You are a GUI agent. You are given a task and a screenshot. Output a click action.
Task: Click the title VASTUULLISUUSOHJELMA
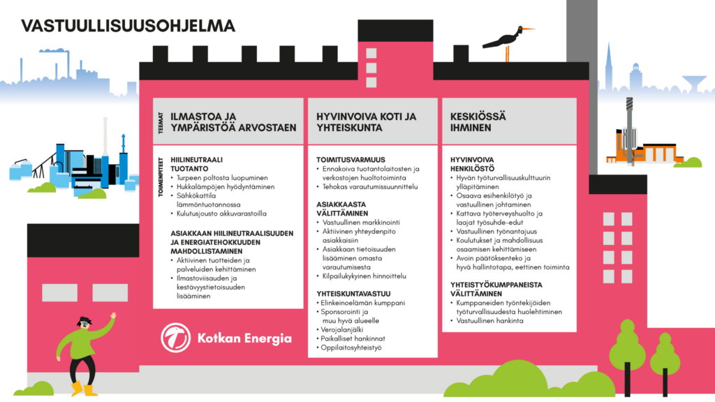(x=128, y=26)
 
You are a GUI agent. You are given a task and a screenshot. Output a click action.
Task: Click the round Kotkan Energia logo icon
(x=175, y=338)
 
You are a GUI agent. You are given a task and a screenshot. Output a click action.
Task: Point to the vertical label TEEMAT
(x=160, y=123)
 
